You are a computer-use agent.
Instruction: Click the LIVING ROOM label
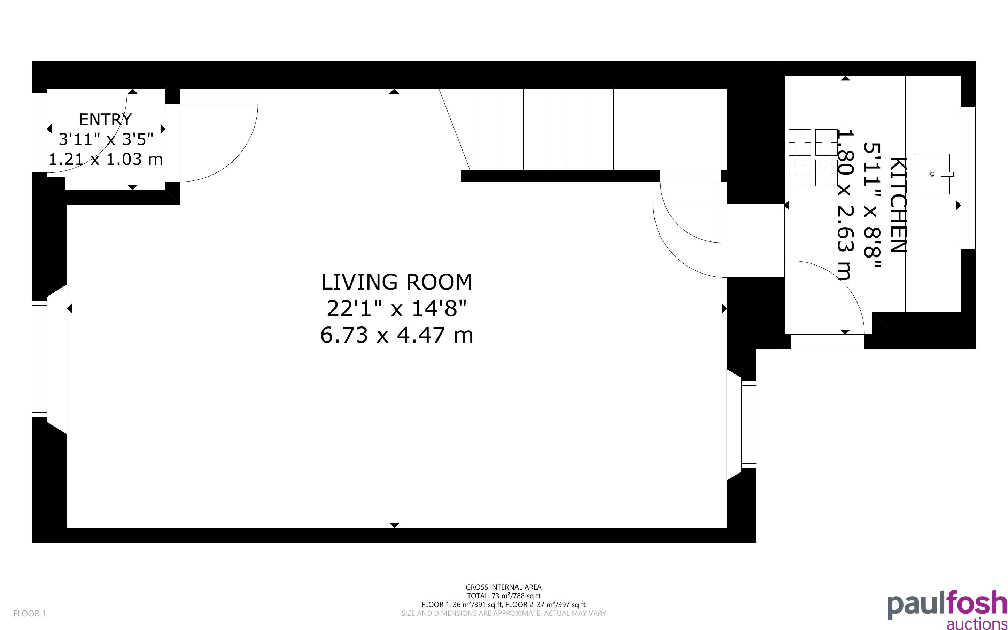click(396, 282)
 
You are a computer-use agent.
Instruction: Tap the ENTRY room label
click(105, 120)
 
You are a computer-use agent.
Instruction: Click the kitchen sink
click(932, 174)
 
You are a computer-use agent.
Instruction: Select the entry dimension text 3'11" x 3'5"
click(106, 139)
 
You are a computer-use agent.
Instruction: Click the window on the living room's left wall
click(40, 359)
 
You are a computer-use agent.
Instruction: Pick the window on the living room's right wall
click(748, 424)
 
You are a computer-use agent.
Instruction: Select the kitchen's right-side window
click(968, 178)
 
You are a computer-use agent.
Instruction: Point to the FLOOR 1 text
click(30, 613)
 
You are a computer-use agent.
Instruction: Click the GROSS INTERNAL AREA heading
click(503, 587)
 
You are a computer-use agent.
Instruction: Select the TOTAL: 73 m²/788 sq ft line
click(503, 596)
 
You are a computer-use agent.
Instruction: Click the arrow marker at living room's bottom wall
click(394, 525)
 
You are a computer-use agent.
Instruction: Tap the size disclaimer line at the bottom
click(503, 613)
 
